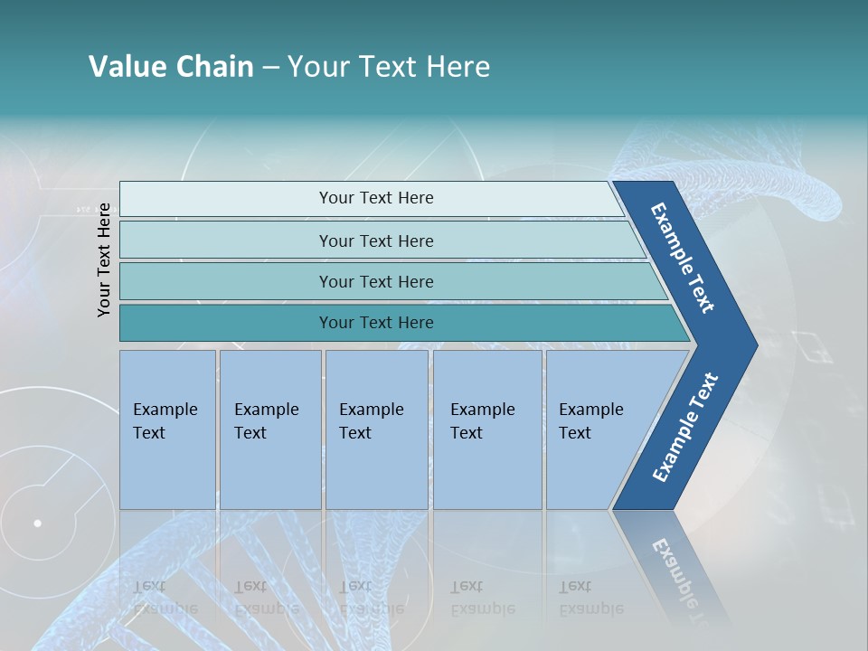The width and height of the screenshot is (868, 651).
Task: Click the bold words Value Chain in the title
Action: click(171, 67)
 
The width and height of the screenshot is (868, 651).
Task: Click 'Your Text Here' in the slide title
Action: click(389, 67)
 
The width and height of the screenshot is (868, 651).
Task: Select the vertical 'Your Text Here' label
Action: click(104, 259)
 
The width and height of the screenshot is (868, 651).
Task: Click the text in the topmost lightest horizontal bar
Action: click(376, 198)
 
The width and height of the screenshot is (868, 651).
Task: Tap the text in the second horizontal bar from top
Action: click(376, 241)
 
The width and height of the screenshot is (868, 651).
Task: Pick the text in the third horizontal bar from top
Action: click(376, 282)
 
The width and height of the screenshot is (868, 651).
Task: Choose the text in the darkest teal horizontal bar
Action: click(376, 323)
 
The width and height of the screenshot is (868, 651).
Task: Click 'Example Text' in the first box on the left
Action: click(165, 421)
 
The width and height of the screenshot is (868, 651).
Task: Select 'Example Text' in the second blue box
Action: click(266, 421)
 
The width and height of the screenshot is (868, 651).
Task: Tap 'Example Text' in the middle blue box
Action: click(371, 421)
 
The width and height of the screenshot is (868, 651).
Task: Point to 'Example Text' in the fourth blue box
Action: click(482, 421)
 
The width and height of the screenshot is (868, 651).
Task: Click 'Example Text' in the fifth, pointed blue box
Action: click(590, 421)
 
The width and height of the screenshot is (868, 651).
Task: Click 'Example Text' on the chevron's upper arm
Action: click(683, 258)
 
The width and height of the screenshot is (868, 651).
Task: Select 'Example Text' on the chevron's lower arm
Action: click(685, 428)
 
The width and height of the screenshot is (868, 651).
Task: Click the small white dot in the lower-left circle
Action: click(37, 523)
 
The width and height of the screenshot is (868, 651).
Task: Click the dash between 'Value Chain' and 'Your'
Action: click(270, 68)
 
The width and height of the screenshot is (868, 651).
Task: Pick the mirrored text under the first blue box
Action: click(165, 598)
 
